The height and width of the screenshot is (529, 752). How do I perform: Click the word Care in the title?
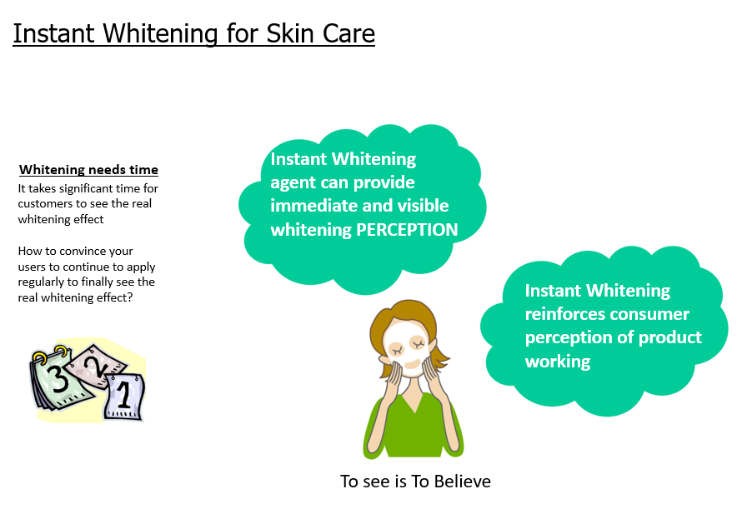click(x=348, y=33)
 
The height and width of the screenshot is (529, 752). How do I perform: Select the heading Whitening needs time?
click(x=88, y=170)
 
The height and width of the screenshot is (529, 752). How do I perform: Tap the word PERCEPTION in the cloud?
click(x=407, y=230)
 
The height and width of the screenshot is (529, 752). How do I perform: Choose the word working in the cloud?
click(x=558, y=362)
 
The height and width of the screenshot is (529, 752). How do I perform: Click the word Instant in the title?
click(x=53, y=33)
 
